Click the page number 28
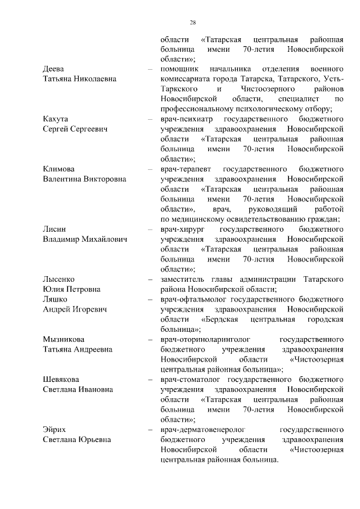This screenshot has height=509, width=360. [192, 22]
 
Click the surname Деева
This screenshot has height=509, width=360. [54, 69]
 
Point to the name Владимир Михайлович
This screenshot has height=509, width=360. [84, 240]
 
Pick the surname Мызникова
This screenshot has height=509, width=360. [64, 339]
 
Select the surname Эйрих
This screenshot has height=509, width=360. [56, 429]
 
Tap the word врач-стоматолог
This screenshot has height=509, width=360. [192, 379]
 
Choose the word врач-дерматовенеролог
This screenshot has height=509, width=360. [204, 429]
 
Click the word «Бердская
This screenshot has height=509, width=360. [220, 319]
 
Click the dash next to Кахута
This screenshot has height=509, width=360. [150, 120]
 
